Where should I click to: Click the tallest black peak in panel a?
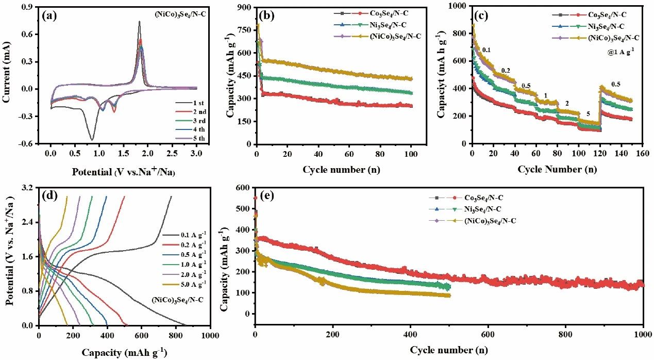pos(139,22)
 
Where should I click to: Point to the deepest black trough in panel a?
pos(92,140)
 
